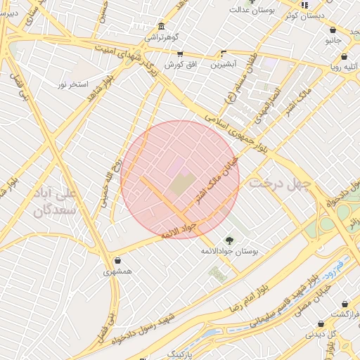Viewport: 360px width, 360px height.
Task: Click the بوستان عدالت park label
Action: pyautogui.click(x=255, y=11)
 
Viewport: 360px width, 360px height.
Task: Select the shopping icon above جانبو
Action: pyautogui.click(x=333, y=30)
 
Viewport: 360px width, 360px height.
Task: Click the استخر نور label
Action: pyautogui.click(x=73, y=84)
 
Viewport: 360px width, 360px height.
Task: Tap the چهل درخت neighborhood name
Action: pyautogui.click(x=278, y=184)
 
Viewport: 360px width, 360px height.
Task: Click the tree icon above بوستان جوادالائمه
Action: pyautogui.click(x=229, y=240)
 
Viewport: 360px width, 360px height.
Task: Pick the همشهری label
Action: pyautogui.click(x=117, y=271)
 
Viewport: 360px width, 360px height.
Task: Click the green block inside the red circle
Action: pyautogui.click(x=181, y=186)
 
